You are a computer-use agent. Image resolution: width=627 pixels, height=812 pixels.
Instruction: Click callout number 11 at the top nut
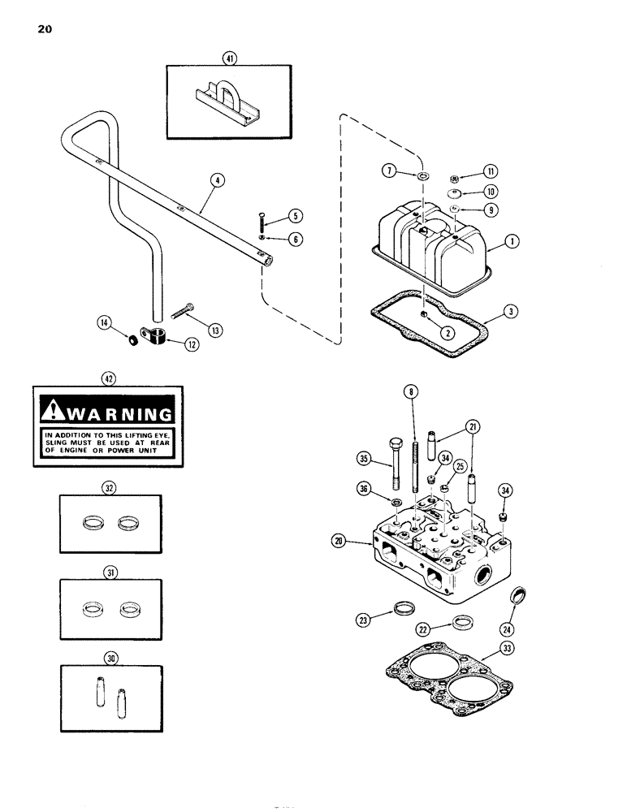[491, 171]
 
